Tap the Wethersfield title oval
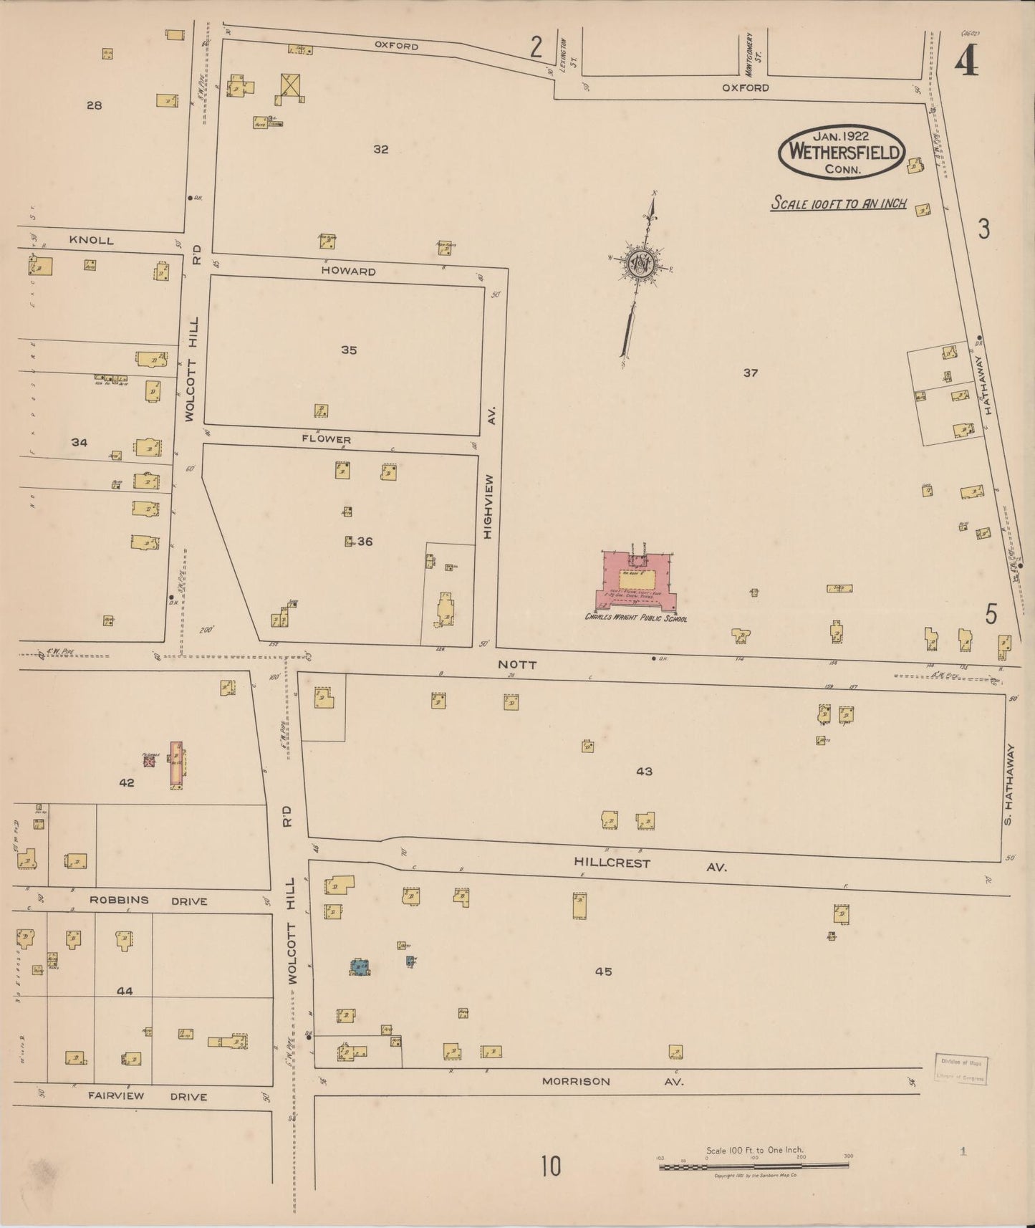(x=842, y=152)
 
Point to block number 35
(x=349, y=350)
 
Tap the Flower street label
(x=326, y=439)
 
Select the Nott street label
(x=517, y=665)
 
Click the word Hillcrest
(x=612, y=863)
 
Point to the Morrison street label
(x=576, y=1081)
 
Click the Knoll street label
(x=91, y=240)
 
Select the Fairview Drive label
(x=148, y=1095)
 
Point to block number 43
(x=644, y=772)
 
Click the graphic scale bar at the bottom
(x=754, y=1166)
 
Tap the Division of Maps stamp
(x=960, y=1069)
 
